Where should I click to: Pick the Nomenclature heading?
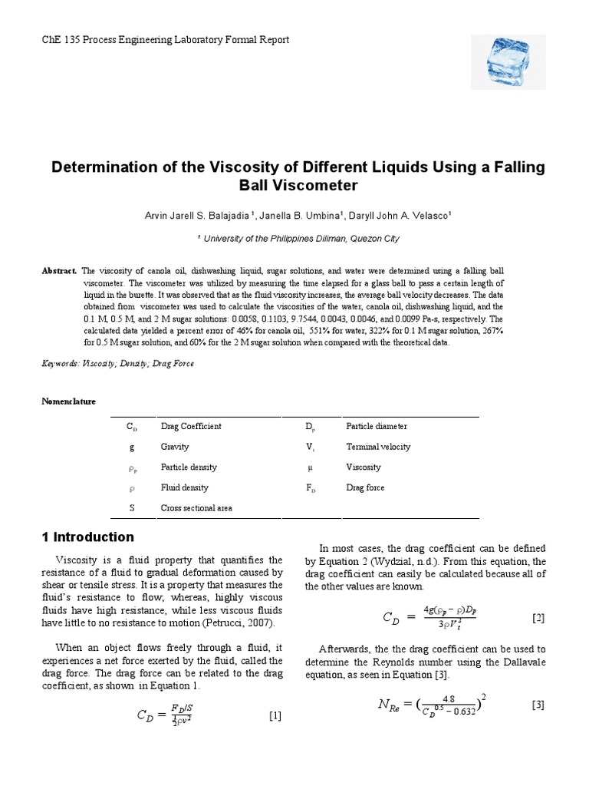tap(68, 401)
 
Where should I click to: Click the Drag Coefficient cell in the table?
tap(190, 426)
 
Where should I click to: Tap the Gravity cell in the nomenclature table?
tap(174, 447)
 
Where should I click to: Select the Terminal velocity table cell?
tap(377, 447)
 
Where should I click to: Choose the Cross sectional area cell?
tap(196, 508)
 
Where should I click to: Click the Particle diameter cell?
tap(376, 426)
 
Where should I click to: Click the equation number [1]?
tap(275, 716)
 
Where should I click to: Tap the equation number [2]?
tap(538, 617)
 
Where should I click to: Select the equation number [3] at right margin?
tap(538, 705)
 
